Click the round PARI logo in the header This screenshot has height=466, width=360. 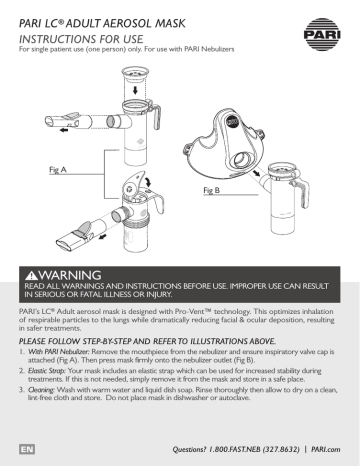point(322,34)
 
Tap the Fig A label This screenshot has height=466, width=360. point(58,169)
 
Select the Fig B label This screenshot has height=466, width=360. point(212,190)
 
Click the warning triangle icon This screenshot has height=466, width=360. point(32,276)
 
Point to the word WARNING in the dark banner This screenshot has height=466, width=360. point(70,275)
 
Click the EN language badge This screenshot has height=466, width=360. point(27,449)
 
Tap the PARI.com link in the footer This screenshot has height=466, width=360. point(326,449)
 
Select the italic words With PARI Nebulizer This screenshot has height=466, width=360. point(59,351)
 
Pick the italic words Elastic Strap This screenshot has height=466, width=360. point(47,370)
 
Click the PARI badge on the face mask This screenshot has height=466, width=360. point(231,121)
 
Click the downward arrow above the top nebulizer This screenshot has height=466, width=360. point(135,90)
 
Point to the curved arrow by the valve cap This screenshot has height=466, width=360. point(148,181)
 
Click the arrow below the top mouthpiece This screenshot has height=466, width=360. point(63,130)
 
